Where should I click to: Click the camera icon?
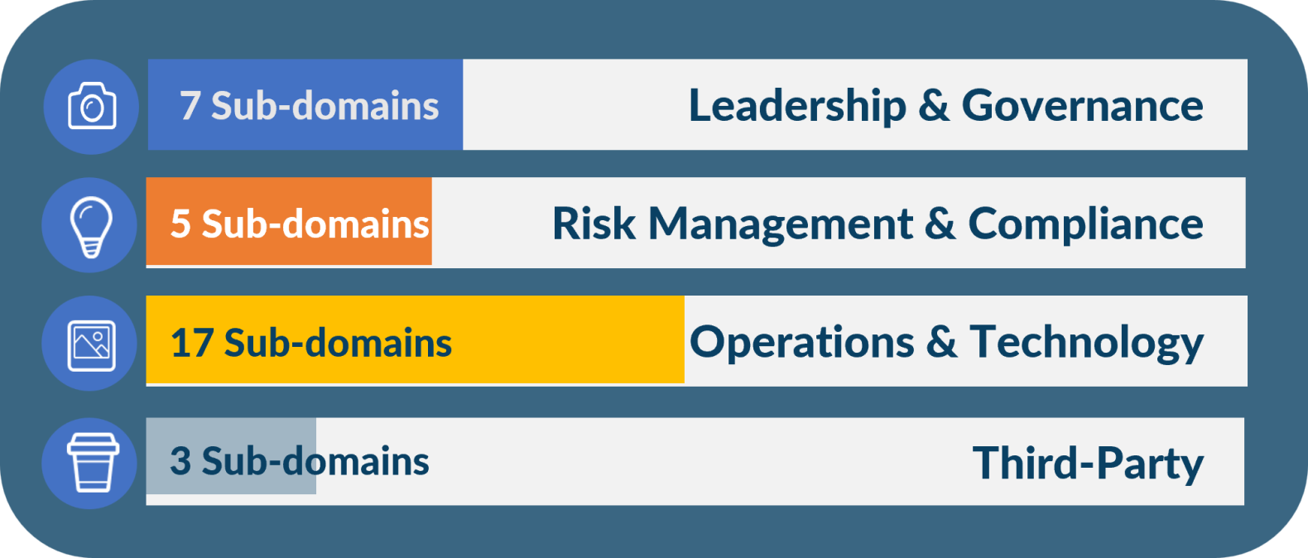[x=92, y=106]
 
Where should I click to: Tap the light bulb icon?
[x=90, y=227]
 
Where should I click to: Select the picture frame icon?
[x=91, y=345]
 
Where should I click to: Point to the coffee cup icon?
[x=93, y=463]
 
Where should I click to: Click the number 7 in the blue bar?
[x=190, y=106]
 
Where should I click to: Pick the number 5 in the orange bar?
[x=180, y=224]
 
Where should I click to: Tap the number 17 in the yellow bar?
[x=191, y=343]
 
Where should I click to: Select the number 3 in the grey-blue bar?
[x=180, y=461]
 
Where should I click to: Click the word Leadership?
[x=798, y=106]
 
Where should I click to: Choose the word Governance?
[x=1082, y=106]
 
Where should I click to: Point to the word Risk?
[x=594, y=224]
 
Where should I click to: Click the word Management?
[x=781, y=224]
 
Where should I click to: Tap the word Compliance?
[x=1085, y=224]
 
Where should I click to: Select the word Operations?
[x=801, y=344]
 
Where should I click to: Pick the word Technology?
[x=1087, y=344]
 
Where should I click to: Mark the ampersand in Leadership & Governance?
[x=934, y=106]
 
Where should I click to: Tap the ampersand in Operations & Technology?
[x=942, y=342]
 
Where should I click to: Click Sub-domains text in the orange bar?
[x=315, y=224]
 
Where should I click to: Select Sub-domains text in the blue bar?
[x=325, y=106]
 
